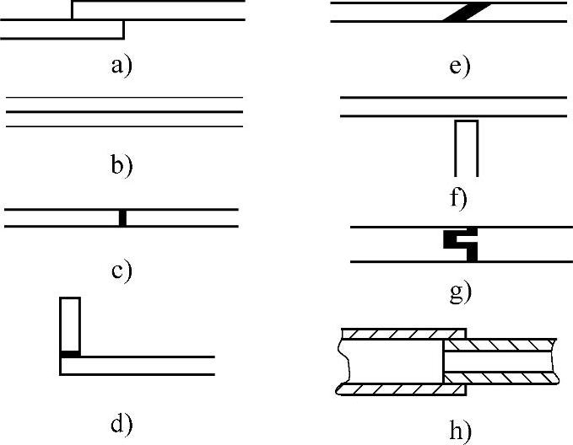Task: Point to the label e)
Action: click(x=459, y=66)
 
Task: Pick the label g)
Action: click(x=460, y=292)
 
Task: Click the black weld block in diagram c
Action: click(x=122, y=217)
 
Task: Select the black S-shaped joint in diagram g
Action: click(x=461, y=243)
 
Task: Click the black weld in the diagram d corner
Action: click(x=70, y=353)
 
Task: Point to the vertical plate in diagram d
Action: click(x=70, y=324)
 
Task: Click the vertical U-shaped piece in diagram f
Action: click(x=467, y=147)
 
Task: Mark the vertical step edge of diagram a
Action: click(x=124, y=29)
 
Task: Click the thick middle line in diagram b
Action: click(x=124, y=112)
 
